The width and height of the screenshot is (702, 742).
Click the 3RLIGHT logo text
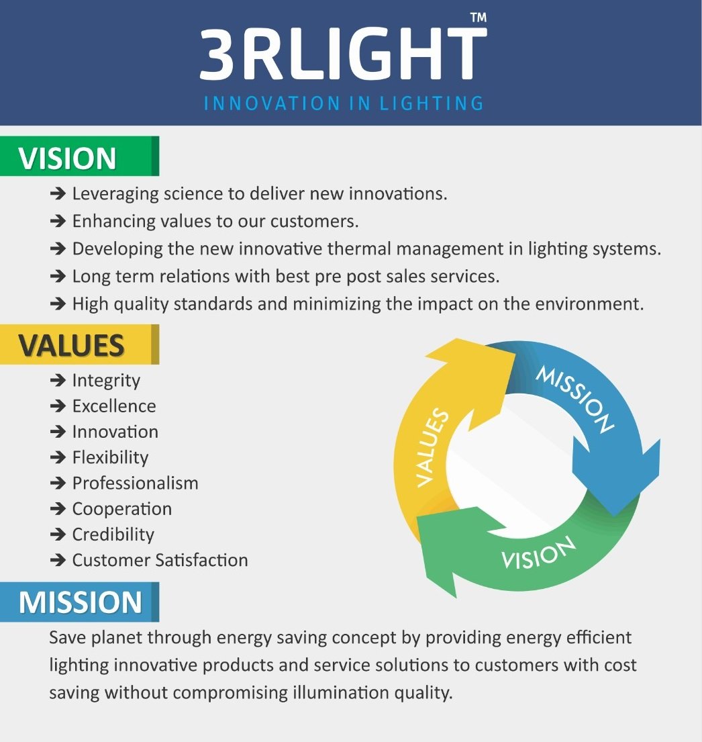(343, 54)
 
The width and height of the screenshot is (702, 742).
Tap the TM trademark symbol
(479, 17)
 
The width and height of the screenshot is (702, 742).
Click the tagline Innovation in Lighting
(344, 103)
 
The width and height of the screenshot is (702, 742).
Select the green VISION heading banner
(79, 156)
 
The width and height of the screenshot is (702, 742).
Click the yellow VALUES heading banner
(79, 344)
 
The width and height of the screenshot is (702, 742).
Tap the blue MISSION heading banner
(79, 602)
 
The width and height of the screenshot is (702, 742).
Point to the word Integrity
(106, 381)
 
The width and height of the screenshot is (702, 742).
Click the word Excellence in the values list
(114, 406)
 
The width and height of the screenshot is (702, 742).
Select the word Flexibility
(110, 457)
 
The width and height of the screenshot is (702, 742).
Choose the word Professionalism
(136, 483)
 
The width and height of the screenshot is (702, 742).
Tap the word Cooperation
(122, 509)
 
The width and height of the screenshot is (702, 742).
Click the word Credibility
(113, 535)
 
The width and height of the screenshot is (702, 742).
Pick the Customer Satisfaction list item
(160, 560)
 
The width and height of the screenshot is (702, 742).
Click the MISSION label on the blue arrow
(575, 399)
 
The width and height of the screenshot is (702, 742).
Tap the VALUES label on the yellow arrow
(432, 447)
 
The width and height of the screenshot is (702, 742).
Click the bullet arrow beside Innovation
(58, 432)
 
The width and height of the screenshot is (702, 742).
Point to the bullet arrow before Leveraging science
(58, 193)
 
